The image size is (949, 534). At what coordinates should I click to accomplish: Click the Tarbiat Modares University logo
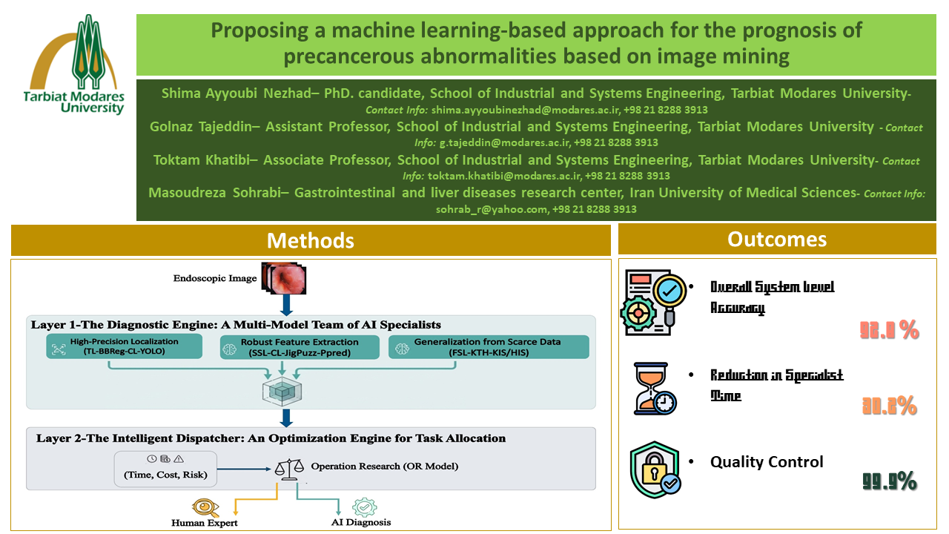click(x=74, y=65)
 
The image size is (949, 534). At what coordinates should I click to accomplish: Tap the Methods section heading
click(x=311, y=240)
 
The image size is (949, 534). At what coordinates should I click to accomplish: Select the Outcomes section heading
click(x=777, y=239)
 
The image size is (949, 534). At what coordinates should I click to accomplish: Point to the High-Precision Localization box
click(x=124, y=346)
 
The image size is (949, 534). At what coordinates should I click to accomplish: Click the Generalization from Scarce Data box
click(x=489, y=346)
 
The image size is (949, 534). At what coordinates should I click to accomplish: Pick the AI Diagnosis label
click(x=361, y=521)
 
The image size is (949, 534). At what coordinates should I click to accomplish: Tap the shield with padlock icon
click(x=655, y=469)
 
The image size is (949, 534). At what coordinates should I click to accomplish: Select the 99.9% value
click(x=890, y=482)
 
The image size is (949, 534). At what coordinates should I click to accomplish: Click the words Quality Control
click(x=767, y=462)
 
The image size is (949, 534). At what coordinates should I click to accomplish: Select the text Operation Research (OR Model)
click(x=385, y=467)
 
